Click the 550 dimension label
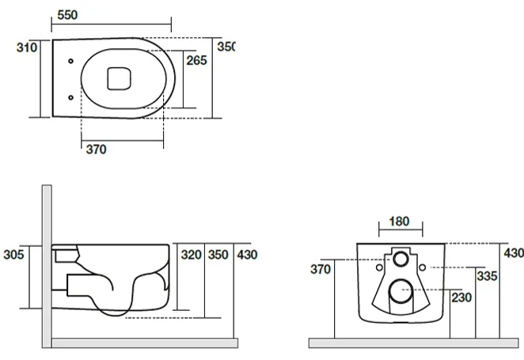point(67,15)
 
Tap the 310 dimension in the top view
point(27,47)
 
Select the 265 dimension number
point(197,60)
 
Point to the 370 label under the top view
point(97,150)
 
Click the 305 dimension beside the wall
point(13,255)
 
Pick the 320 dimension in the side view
point(191,255)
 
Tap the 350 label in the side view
point(218,255)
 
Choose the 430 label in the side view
point(247,255)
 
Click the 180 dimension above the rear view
point(400,222)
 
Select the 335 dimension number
point(488,276)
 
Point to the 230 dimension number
point(461,297)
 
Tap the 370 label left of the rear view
point(321,269)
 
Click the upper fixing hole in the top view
point(71,61)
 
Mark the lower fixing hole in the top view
point(71,97)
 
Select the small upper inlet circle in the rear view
point(401,259)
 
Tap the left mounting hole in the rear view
point(379,267)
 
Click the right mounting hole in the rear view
point(423,267)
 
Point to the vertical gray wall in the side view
point(47,266)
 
